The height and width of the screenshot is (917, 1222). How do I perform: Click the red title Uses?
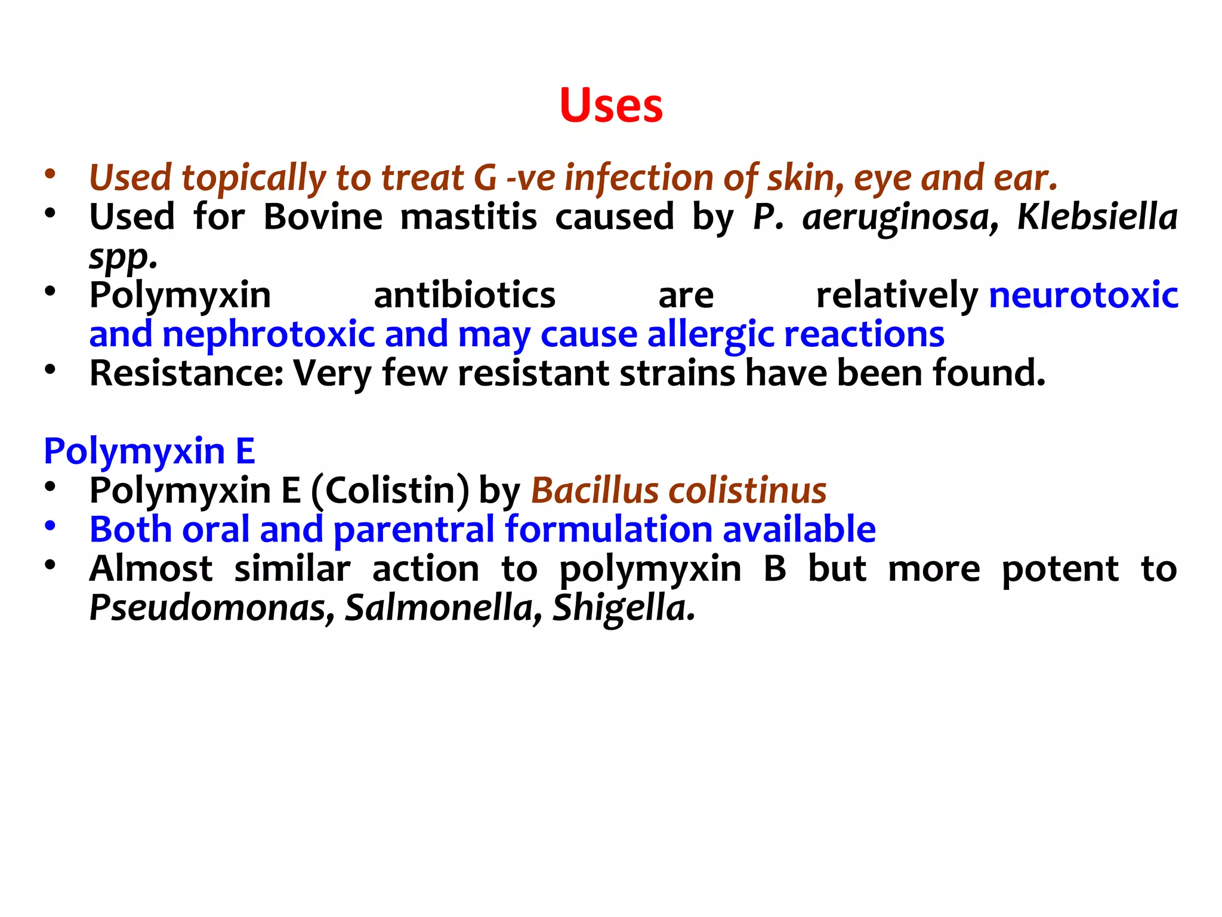click(611, 106)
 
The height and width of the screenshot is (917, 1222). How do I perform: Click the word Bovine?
click(323, 217)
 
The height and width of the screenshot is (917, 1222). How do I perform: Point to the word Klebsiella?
click(1097, 217)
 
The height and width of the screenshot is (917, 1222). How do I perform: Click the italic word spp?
click(123, 257)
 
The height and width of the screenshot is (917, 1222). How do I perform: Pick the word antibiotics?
click(464, 295)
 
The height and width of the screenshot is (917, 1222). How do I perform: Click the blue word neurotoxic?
click(1084, 295)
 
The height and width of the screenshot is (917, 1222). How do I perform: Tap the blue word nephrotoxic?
click(269, 334)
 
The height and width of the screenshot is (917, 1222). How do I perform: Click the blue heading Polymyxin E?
click(149, 451)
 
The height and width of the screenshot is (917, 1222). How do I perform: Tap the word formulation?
click(609, 530)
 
